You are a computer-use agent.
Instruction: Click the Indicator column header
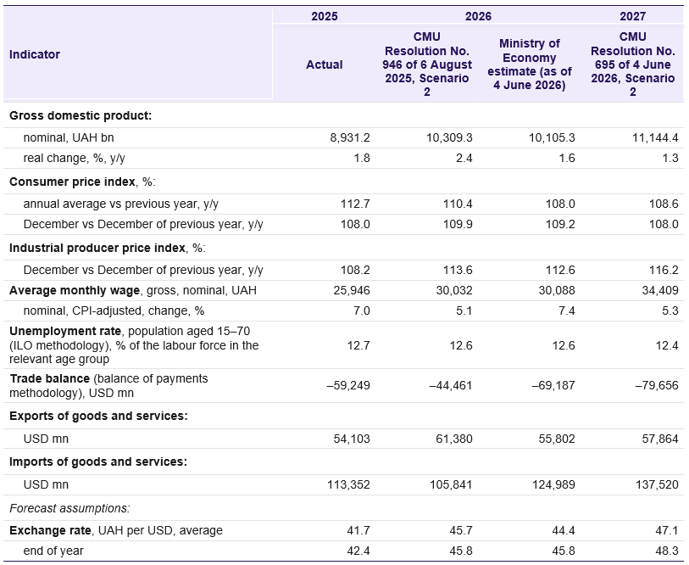(x=35, y=54)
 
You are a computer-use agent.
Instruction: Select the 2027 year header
(x=632, y=16)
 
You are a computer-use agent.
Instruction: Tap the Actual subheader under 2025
(x=325, y=64)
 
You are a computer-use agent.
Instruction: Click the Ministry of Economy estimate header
(x=530, y=64)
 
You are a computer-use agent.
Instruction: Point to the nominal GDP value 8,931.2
(x=350, y=137)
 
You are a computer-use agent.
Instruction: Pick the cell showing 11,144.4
(x=655, y=137)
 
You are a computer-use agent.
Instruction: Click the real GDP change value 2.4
(x=464, y=158)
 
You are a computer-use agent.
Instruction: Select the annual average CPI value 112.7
(x=355, y=204)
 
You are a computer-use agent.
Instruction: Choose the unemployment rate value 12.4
(x=667, y=345)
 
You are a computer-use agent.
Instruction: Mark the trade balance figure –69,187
(x=553, y=385)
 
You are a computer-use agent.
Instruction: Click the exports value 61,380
(x=454, y=439)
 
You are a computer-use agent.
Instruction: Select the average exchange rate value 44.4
(x=564, y=530)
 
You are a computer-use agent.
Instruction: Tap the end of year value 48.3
(x=667, y=551)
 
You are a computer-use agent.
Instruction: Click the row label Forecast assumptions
(x=69, y=508)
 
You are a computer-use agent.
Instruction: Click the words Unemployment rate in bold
(x=65, y=331)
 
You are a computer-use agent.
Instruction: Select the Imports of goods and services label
(x=98, y=462)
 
